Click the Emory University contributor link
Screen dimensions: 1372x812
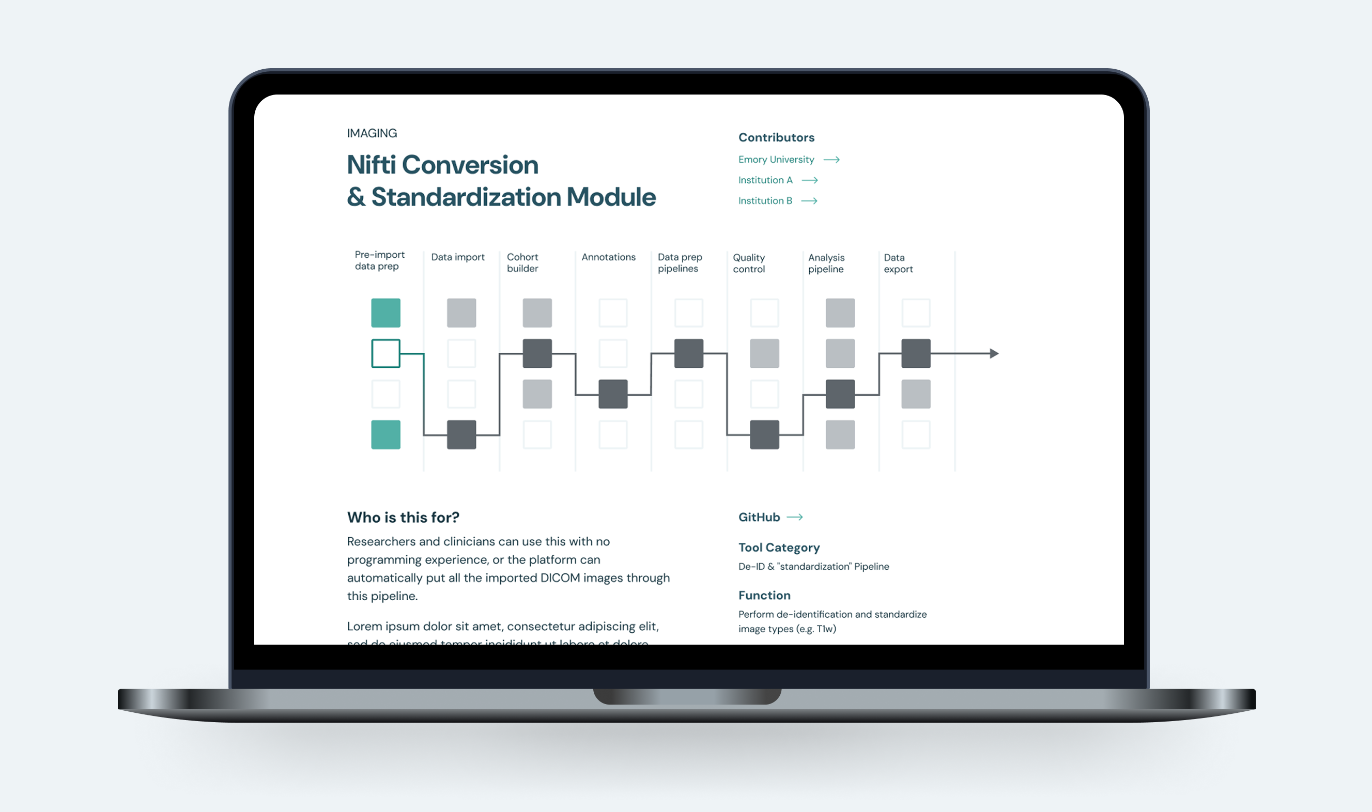(x=776, y=160)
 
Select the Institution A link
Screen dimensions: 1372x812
(x=765, y=180)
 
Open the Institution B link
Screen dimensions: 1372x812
(x=765, y=201)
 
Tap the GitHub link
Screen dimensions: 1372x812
(x=759, y=517)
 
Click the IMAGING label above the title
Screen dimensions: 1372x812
(x=372, y=133)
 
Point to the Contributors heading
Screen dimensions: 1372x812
(x=776, y=137)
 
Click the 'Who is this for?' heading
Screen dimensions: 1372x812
(x=403, y=517)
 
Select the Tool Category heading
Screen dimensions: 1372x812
(x=779, y=547)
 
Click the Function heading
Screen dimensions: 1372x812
(x=764, y=596)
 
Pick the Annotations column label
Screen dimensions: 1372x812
(x=608, y=257)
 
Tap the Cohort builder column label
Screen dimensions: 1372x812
(x=522, y=262)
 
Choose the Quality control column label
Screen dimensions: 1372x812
(x=749, y=263)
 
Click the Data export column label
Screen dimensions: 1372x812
(x=898, y=263)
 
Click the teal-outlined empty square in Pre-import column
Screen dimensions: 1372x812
(x=386, y=353)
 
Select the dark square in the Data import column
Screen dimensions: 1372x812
(x=461, y=434)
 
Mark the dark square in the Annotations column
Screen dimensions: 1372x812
(x=612, y=394)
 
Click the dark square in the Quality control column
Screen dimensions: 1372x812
(x=764, y=434)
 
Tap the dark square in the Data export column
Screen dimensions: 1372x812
(x=916, y=353)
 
